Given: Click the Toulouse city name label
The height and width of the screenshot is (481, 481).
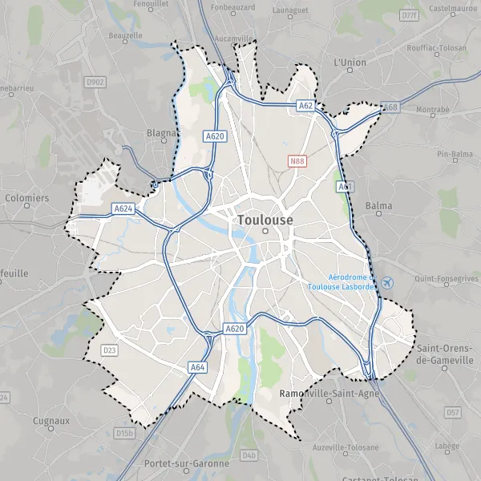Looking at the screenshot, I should tap(265, 219).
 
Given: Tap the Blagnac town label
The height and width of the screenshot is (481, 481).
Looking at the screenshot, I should tap(164, 133).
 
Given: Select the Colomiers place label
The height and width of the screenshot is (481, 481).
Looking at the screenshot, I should tap(26, 197).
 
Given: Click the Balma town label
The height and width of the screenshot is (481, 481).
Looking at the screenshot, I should tap(378, 205).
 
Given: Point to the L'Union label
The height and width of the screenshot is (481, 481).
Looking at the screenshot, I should tap(350, 61).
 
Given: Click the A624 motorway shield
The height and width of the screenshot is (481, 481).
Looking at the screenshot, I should tap(123, 209).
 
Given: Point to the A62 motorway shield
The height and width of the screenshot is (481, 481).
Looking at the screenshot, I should tap(305, 105).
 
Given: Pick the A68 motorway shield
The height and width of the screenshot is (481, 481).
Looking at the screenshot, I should tap(390, 107).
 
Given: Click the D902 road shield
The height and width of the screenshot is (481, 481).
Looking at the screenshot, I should tap(95, 82).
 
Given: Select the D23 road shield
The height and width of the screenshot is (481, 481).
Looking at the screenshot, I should tap(109, 350).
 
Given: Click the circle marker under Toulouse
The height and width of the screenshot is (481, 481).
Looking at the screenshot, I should tap(265, 232).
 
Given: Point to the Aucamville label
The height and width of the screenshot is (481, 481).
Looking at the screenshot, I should tap(235, 38).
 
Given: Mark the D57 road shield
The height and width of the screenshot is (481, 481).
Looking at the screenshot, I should tap(453, 412).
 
